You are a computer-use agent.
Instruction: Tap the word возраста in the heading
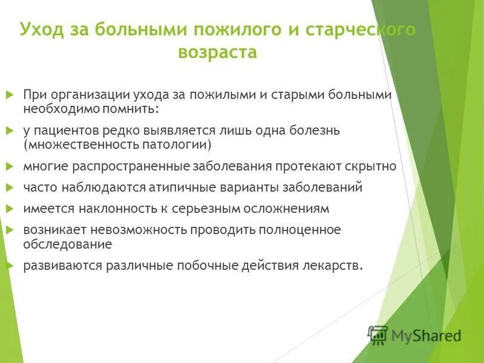tap(218, 53)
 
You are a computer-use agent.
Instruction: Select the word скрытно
tap(370, 166)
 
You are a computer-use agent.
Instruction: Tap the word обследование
tap(68, 244)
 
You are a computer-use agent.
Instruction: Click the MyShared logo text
tap(426, 335)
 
